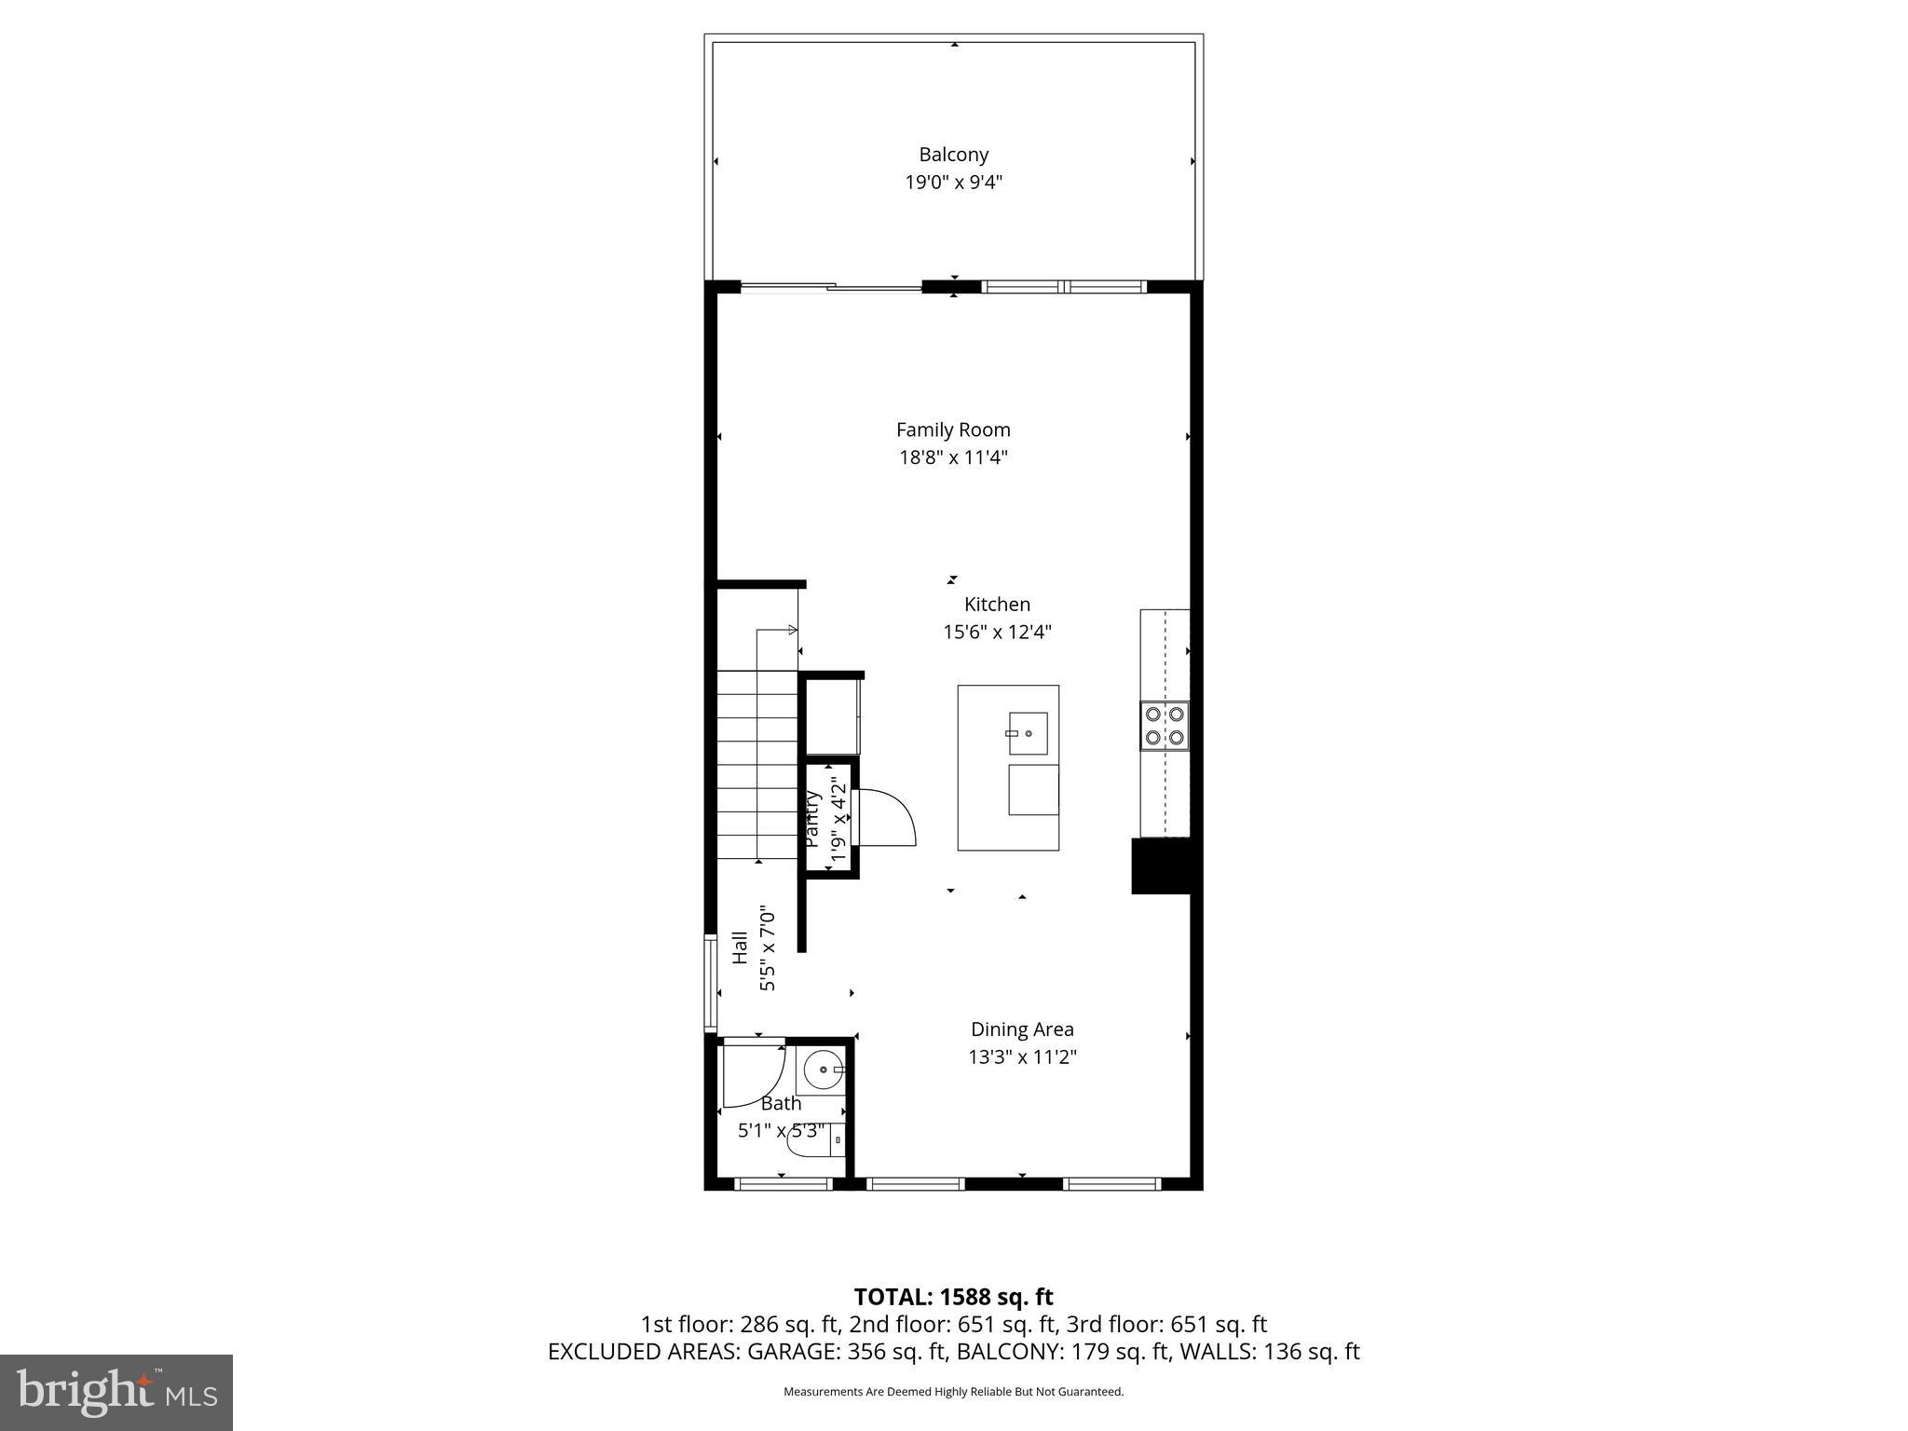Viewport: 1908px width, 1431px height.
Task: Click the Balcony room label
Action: point(953,155)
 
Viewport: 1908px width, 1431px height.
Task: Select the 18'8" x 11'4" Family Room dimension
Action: point(953,457)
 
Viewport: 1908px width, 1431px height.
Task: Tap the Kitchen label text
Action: point(997,604)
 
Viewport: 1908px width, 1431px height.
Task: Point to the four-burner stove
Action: point(1165,726)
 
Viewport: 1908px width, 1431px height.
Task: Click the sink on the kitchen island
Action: point(1028,733)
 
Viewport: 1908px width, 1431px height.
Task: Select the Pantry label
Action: point(811,819)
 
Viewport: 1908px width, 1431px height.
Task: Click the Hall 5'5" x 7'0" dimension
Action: point(768,947)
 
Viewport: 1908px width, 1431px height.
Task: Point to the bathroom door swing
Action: point(756,1076)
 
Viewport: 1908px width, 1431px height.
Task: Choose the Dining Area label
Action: point(1022,1029)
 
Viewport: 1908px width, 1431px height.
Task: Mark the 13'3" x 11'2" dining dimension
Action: point(1022,1057)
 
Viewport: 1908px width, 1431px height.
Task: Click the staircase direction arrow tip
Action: point(794,631)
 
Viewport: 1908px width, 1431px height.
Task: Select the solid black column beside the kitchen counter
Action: point(1161,866)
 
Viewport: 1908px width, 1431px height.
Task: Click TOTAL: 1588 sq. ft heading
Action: point(953,1297)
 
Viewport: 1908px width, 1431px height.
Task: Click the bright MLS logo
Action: point(116,1392)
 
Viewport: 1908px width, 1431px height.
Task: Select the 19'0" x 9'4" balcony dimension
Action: point(953,183)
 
